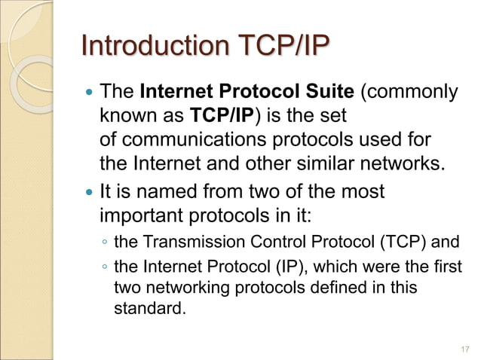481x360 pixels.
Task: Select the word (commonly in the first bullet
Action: click(410, 93)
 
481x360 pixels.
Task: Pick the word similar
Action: click(325, 163)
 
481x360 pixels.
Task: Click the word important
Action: click(144, 215)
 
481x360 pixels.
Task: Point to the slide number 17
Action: click(464, 349)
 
